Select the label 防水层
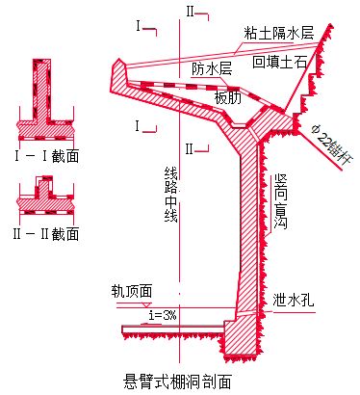coord(211,69)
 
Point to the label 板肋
coord(226,97)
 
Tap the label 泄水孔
coord(291,298)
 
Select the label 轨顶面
coord(133,290)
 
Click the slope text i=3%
coord(163,315)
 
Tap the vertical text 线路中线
coord(172,194)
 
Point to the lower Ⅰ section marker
coord(142,125)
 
